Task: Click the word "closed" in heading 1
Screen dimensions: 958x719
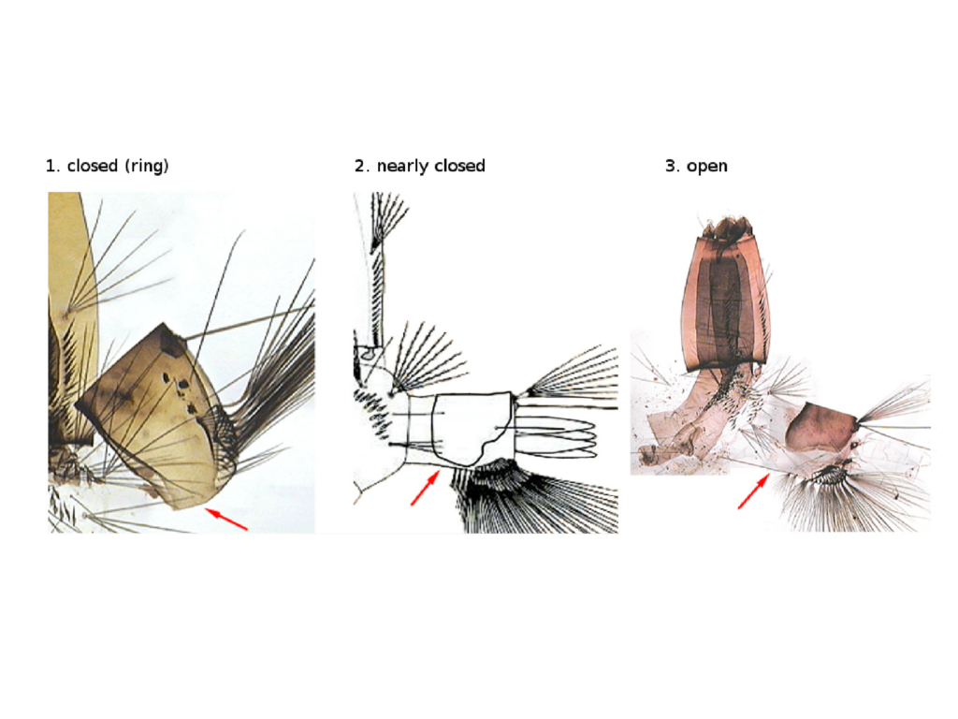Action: (x=93, y=166)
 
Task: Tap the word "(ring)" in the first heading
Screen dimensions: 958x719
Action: (x=146, y=167)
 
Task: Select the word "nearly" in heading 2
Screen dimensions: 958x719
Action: (x=398, y=167)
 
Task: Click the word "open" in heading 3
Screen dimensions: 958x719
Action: (x=707, y=167)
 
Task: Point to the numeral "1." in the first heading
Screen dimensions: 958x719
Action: (x=53, y=166)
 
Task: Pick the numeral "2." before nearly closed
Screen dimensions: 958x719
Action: (x=362, y=166)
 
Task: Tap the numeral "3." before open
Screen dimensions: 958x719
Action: (x=672, y=166)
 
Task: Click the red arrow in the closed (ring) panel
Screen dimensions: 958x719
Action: (x=226, y=519)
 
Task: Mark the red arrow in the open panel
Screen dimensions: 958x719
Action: (x=753, y=492)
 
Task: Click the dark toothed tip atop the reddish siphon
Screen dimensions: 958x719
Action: (x=727, y=227)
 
